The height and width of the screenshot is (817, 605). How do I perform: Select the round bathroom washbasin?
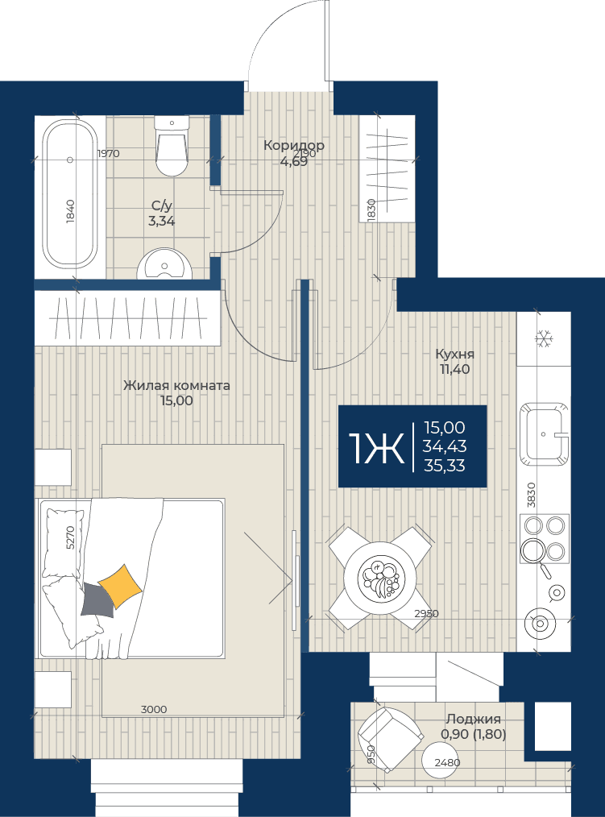(164, 264)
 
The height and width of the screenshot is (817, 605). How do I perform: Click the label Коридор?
(294, 145)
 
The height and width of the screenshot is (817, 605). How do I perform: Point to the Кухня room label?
(455, 355)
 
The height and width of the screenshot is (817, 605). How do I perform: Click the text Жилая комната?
(176, 386)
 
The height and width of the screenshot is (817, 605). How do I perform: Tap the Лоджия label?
(473, 719)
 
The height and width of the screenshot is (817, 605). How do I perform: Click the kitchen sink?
(544, 433)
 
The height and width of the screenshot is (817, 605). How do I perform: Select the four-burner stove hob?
(545, 537)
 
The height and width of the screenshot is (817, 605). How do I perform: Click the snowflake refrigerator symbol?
(544, 338)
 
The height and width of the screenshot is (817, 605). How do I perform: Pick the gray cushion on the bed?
(97, 601)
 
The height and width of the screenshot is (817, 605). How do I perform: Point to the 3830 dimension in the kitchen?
(531, 495)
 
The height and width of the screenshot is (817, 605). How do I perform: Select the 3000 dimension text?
(154, 709)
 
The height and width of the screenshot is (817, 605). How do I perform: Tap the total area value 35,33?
(445, 465)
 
